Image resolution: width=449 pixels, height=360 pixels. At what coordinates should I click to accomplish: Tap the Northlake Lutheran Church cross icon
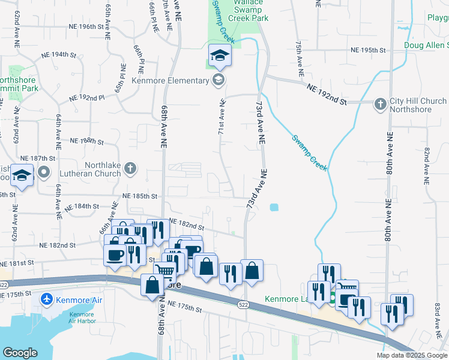click(131, 170)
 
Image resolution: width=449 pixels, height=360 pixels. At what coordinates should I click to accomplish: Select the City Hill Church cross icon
click(380, 104)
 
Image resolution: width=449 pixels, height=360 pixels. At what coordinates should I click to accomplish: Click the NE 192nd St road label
click(327, 95)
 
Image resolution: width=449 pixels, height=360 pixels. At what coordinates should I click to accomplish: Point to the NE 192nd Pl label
click(87, 97)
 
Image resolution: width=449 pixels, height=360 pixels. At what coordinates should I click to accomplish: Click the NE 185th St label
click(139, 196)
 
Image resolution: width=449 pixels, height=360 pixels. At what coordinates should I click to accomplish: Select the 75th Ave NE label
click(298, 59)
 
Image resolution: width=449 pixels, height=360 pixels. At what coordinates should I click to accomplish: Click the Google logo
click(20, 353)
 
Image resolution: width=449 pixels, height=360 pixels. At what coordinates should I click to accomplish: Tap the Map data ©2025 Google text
click(411, 355)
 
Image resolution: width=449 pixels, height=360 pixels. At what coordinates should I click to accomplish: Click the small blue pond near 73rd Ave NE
click(274, 208)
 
